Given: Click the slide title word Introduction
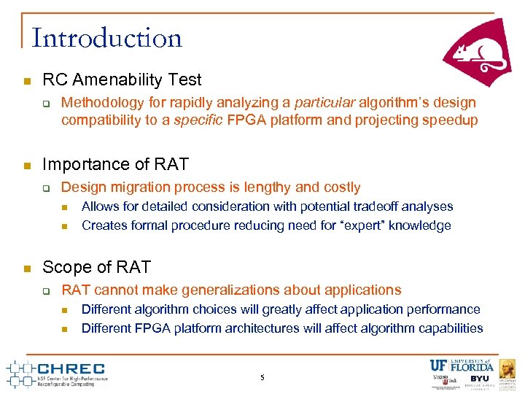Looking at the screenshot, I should [x=107, y=38].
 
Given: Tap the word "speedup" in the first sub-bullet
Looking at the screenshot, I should [x=452, y=120].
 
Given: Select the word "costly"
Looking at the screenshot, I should [x=341, y=188].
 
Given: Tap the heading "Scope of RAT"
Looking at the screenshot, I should [x=97, y=266].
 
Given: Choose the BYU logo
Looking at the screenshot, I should [x=479, y=379].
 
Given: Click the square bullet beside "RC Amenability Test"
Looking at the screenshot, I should [x=26, y=80].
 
